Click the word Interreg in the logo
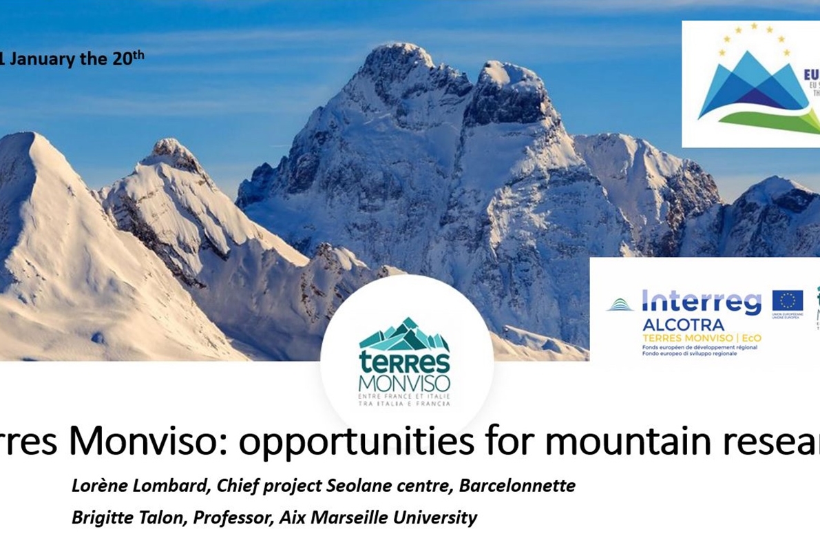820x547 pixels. pos(702,302)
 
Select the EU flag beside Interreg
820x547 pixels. pos(788,301)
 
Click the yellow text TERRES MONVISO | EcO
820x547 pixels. pos(697,338)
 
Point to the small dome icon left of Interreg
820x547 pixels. pos(620,305)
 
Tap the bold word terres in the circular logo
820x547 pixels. pos(405,362)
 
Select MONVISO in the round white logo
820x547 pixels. pos(405,383)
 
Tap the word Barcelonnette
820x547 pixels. pos(517,486)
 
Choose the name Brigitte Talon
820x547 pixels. pos(128,517)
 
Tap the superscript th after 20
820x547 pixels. pos(138,54)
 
